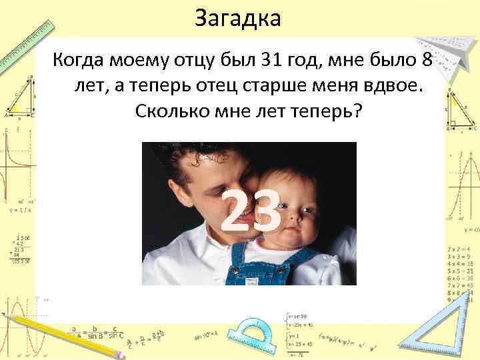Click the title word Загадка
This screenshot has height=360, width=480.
[238, 18]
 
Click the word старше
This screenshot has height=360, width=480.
[279, 87]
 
